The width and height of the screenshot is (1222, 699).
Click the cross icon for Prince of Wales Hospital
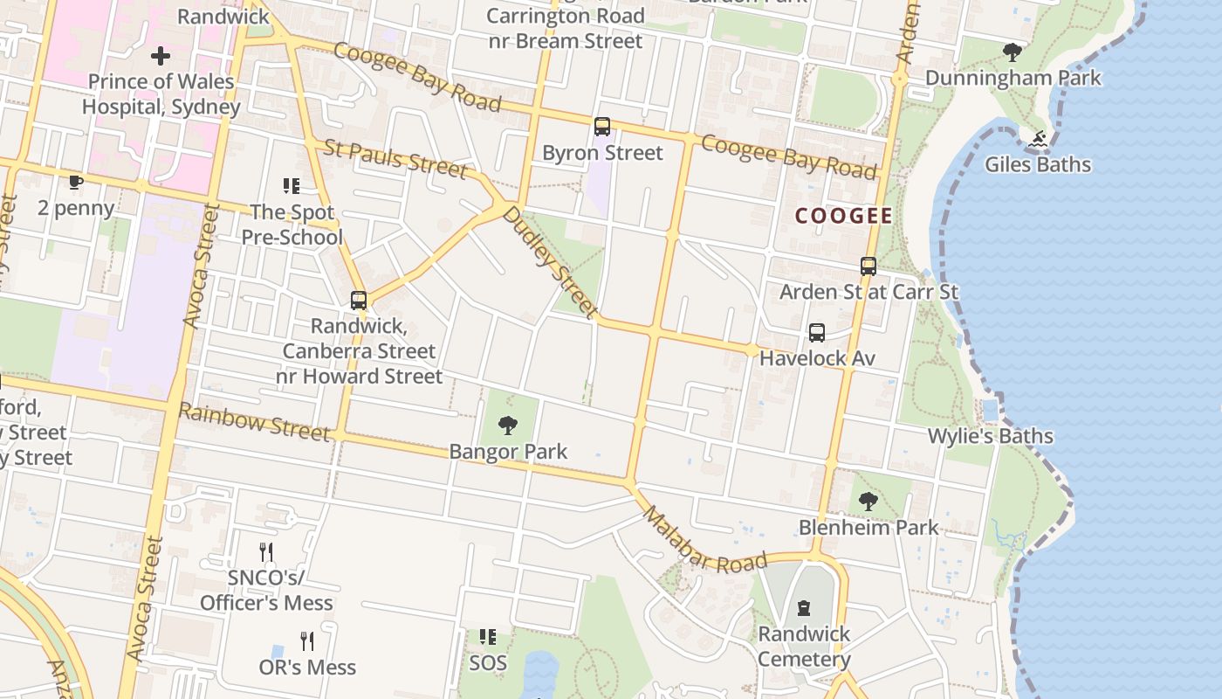(161, 57)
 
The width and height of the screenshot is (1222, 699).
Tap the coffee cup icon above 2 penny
(76, 182)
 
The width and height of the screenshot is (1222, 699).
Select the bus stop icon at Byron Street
(602, 127)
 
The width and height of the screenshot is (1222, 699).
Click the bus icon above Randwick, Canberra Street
(359, 301)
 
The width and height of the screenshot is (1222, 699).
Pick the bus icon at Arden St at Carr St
(868, 266)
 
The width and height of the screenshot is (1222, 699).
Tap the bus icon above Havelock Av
(817, 333)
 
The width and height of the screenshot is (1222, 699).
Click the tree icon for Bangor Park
(508, 426)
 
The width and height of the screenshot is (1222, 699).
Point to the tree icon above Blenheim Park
(868, 502)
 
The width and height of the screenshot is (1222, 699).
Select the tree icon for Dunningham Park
(1013, 52)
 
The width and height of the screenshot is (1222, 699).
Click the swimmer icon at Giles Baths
(1038, 139)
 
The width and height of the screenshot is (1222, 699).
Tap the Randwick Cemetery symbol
(804, 608)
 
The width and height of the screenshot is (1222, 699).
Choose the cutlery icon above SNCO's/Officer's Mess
(266, 552)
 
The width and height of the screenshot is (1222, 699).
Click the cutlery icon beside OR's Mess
(306, 641)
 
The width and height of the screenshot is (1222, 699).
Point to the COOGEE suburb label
(843, 216)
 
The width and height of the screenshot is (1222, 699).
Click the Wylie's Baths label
(990, 436)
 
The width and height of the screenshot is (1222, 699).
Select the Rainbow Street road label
(255, 423)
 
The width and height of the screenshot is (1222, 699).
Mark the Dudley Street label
(550, 262)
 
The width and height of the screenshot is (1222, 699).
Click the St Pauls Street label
(395, 158)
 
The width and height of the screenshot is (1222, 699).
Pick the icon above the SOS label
(487, 637)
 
